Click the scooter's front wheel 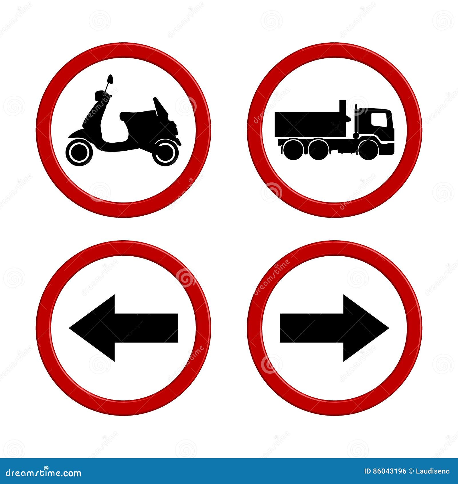tap(79, 152)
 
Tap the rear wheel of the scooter tap(165, 152)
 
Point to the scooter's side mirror tap(110, 79)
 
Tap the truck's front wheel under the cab tap(368, 149)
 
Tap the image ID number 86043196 tap(393, 471)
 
